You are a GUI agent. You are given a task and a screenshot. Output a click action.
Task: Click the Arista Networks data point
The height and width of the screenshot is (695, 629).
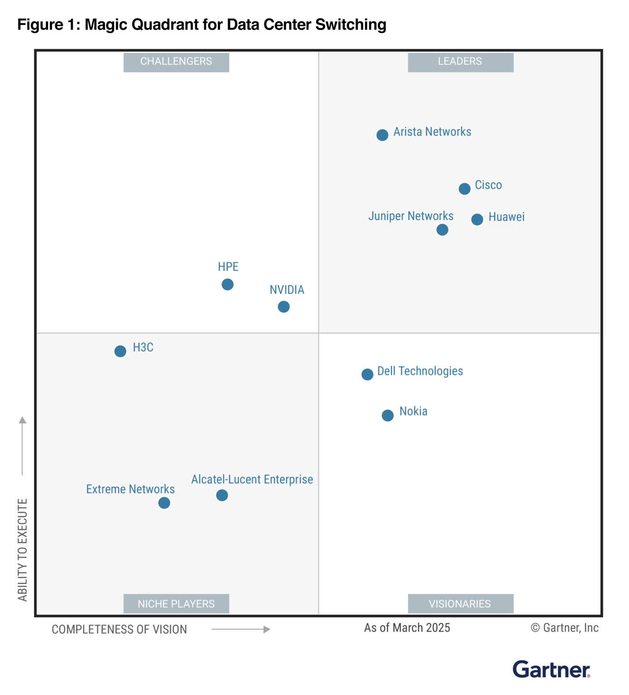click(382, 135)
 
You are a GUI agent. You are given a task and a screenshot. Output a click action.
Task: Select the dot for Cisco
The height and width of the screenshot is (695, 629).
click(464, 189)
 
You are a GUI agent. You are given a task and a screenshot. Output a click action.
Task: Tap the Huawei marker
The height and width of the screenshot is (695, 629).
click(477, 219)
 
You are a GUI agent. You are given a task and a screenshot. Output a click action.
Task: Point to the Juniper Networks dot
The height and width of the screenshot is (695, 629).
click(442, 230)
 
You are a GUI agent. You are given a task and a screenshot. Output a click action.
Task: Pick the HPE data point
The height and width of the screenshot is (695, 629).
click(227, 284)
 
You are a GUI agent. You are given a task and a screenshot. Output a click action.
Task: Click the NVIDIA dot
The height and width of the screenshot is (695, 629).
click(283, 307)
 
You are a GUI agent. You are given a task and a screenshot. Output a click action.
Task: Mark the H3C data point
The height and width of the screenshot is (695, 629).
click(120, 351)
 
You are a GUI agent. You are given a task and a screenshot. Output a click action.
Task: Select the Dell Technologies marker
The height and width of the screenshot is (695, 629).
click(367, 374)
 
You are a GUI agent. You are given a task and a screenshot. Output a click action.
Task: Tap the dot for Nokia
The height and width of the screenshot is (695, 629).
click(388, 415)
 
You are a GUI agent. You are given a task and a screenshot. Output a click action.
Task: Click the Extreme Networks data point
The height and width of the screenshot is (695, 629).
click(164, 503)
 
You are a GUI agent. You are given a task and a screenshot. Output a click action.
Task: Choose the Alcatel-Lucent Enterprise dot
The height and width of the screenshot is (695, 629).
click(222, 495)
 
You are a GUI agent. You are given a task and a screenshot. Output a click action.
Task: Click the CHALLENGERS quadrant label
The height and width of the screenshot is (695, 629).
click(176, 62)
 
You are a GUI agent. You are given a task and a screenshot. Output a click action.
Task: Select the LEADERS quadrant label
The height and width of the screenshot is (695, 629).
click(460, 62)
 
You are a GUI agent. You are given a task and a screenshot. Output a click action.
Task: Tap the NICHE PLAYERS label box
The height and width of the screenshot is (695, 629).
click(176, 604)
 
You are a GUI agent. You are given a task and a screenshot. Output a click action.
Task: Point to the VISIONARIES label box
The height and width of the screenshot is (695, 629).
click(460, 604)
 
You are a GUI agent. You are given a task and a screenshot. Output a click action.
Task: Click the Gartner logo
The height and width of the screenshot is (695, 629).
click(551, 670)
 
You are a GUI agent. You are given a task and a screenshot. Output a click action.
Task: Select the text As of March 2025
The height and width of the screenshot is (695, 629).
click(407, 628)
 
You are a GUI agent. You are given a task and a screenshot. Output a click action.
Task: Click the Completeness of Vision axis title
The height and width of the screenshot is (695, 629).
click(119, 629)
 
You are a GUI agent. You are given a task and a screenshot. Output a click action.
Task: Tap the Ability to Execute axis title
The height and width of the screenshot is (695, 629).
click(23, 550)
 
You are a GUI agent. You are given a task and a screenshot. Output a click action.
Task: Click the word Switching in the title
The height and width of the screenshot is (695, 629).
click(351, 24)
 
